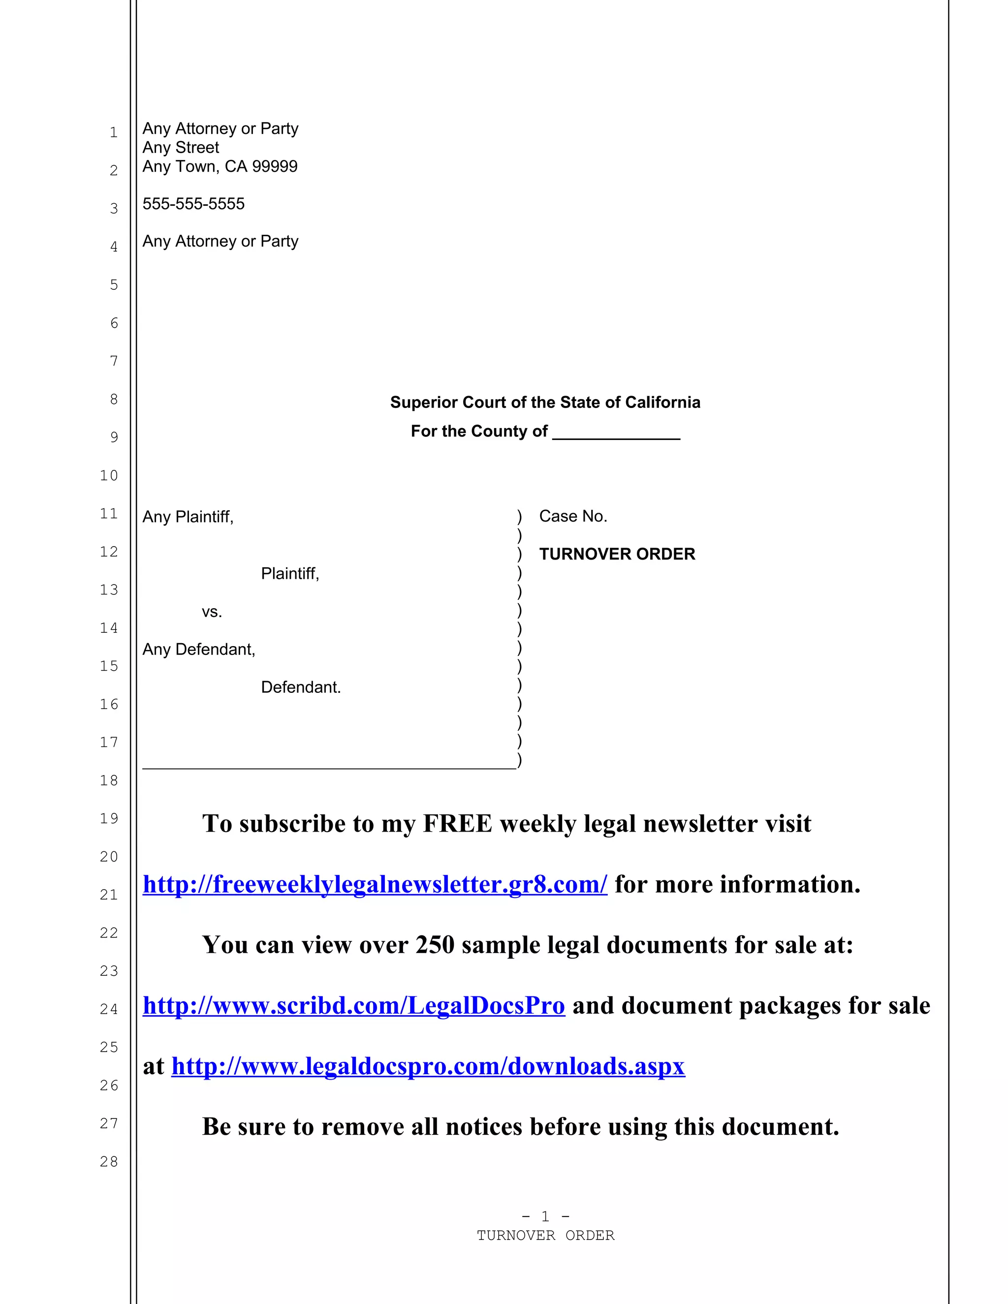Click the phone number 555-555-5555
tap(193, 204)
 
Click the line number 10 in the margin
tap(109, 476)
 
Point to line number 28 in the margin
tap(109, 1162)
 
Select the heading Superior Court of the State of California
tap(545, 403)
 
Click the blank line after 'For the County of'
tap(616, 432)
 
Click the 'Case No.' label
tap(573, 517)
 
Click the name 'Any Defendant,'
tap(199, 650)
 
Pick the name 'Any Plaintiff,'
tap(188, 517)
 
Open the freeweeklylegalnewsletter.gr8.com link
tap(375, 884)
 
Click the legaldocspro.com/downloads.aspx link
tap(428, 1066)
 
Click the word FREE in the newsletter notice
tap(457, 824)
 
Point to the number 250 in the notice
tap(435, 945)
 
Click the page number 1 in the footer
tap(545, 1216)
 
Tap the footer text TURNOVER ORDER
tap(545, 1235)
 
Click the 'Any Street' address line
tap(181, 148)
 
